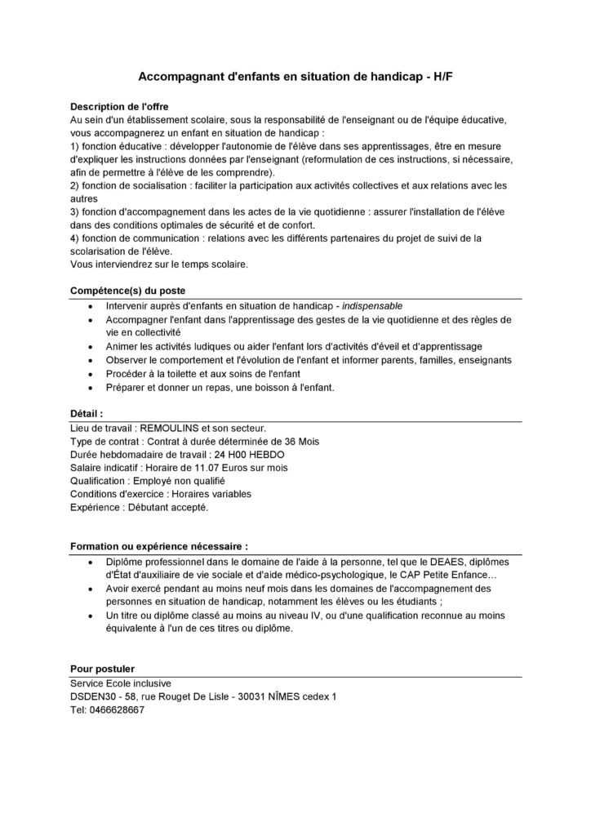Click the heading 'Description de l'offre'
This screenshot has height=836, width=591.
pos(120,106)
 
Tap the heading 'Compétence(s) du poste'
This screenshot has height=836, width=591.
pos(128,290)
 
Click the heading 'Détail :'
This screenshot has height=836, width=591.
pos(87,413)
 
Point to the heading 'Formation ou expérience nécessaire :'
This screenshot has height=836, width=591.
pos(159,546)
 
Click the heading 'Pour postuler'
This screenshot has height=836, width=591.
pos(103,668)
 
